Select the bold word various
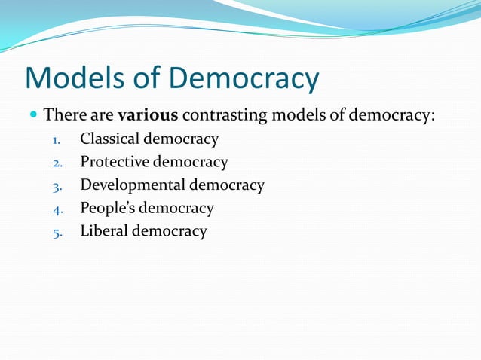148,116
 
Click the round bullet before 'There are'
33,117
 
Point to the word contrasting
225,116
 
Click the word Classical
109,139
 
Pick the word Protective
115,162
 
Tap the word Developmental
133,185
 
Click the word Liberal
104,230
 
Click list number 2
57,163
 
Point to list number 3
57,186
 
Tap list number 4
57,209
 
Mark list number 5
57,232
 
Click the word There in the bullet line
63,116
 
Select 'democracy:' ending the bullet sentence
398,117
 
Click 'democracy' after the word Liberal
170,231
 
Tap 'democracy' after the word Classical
181,139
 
